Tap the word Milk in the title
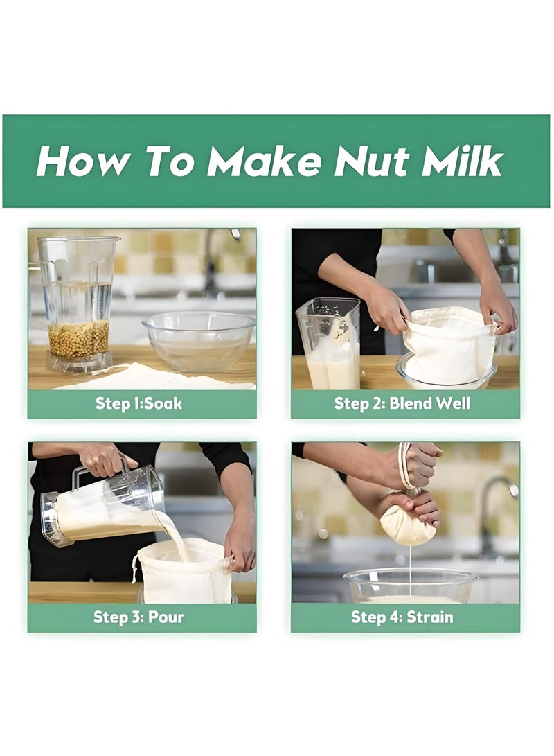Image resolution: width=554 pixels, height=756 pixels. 463,161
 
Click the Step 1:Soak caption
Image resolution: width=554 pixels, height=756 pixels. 138,403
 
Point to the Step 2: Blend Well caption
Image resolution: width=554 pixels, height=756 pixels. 402,403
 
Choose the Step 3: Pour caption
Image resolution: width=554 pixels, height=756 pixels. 138,617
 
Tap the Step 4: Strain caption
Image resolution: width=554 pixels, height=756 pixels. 402,617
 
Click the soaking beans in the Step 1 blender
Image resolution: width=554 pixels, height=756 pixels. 78,339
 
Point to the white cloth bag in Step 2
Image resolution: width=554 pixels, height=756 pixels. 449,343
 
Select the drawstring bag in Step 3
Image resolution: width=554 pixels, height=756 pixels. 185,572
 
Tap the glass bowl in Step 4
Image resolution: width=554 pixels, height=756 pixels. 410,586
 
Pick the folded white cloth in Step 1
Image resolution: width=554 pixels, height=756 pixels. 152,378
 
